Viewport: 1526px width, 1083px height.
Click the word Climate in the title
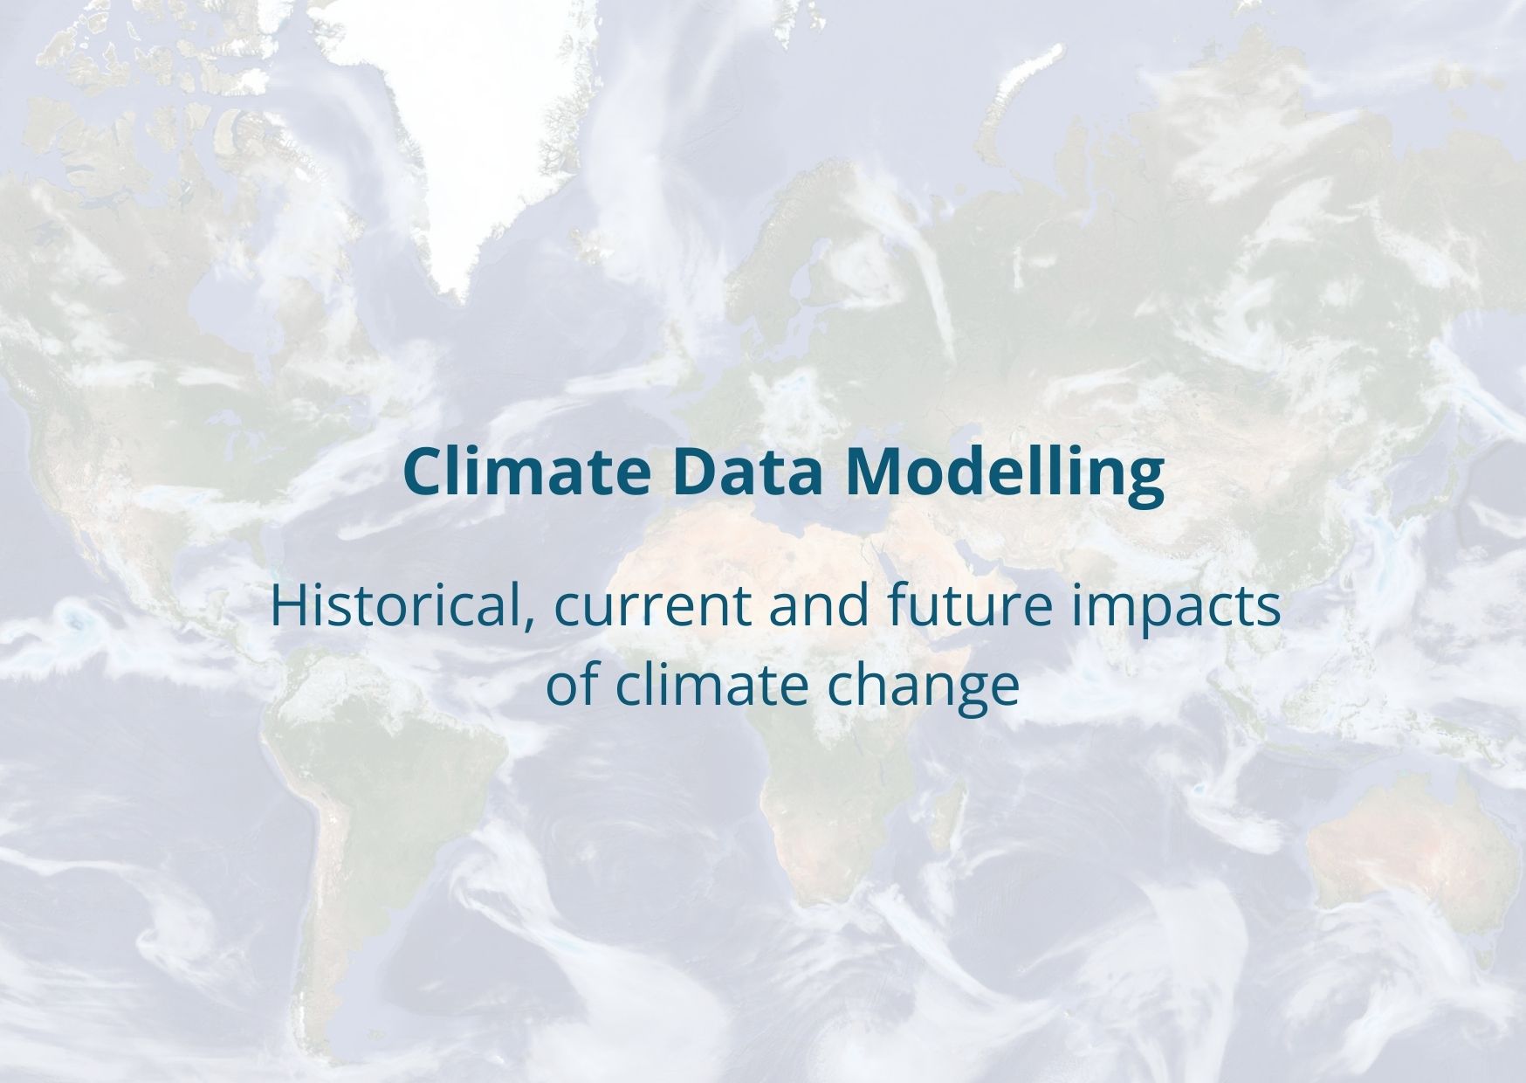[x=527, y=472]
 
